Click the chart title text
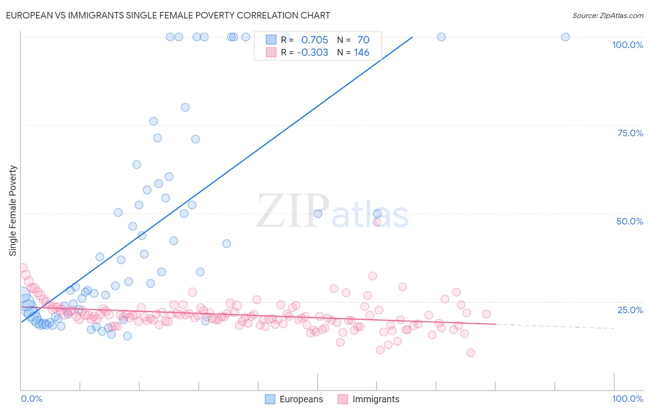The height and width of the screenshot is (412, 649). [168, 15]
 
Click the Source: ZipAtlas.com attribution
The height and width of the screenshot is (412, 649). [607, 15]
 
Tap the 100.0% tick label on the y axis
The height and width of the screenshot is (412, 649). [627, 45]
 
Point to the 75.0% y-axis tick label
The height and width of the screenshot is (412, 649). [630, 133]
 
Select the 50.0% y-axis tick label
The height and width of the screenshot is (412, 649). [630, 221]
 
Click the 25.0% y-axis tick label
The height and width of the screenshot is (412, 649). [630, 309]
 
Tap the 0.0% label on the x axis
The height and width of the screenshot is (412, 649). [31, 399]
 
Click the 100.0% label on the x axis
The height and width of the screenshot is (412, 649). [627, 399]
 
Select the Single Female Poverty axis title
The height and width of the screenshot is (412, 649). [13, 211]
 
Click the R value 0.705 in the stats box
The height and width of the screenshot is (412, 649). [314, 40]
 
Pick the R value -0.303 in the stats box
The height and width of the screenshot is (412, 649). [312, 53]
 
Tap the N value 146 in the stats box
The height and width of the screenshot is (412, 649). [361, 53]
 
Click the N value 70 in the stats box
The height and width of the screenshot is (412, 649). [363, 40]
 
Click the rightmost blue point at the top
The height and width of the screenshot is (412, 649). [565, 37]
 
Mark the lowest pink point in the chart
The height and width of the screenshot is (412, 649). [470, 353]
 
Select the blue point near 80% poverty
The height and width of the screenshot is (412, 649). [185, 107]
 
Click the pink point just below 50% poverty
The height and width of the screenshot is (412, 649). [377, 222]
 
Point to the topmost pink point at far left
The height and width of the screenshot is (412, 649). [23, 268]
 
